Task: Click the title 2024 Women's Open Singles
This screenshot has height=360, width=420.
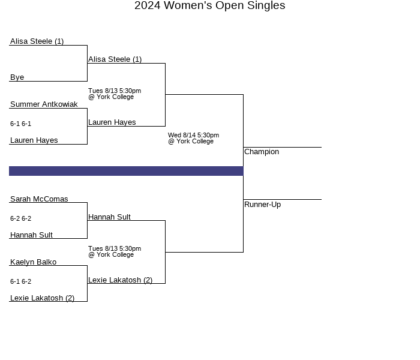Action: [x=210, y=5]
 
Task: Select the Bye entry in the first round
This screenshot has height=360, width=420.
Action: [x=17, y=77]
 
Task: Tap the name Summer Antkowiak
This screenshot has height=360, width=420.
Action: [x=44, y=104]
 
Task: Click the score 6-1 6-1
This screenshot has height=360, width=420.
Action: [x=20, y=124]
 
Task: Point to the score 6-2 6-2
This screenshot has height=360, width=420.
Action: [x=20, y=218]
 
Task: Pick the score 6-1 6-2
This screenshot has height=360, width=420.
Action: [x=20, y=281]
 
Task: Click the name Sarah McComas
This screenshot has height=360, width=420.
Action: [x=39, y=199]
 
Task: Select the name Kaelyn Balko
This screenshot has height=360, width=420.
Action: [x=33, y=262]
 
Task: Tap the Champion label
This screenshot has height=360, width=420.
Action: [x=262, y=152]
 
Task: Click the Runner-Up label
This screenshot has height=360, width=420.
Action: [x=263, y=205]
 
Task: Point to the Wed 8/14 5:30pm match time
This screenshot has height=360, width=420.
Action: [x=193, y=135]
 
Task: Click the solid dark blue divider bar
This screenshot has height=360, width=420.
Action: [x=126, y=171]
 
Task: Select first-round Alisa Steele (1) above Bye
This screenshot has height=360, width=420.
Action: [x=37, y=41]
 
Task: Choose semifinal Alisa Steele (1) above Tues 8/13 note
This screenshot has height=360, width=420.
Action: [x=115, y=59]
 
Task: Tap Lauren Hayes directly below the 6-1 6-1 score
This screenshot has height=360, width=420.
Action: [x=34, y=140]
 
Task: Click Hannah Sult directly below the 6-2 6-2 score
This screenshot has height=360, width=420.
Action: [x=31, y=235]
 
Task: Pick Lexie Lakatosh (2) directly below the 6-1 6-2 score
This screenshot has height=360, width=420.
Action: [x=43, y=298]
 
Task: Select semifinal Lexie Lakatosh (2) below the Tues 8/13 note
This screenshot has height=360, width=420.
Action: [x=120, y=280]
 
